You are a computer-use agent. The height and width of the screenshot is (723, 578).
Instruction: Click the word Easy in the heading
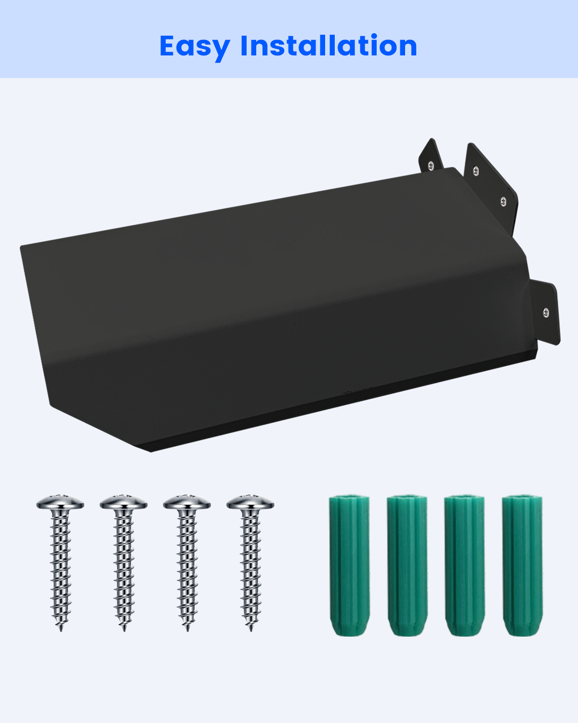[x=195, y=48]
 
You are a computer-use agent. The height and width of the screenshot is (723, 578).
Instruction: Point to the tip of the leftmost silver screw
[x=61, y=631]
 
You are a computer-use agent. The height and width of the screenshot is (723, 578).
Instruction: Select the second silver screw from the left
[x=124, y=563]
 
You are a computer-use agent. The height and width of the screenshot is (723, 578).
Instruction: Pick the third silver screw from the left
[x=187, y=563]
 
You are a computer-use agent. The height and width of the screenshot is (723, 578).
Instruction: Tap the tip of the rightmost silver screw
[x=251, y=631]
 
